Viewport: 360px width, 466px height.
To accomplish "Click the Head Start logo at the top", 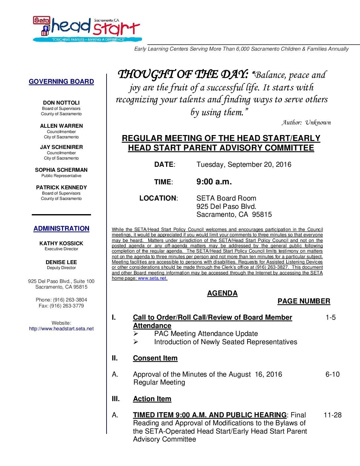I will (86, 29).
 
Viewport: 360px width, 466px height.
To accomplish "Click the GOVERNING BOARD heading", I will (61, 81).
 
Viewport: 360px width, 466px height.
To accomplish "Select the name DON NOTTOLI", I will (61, 103).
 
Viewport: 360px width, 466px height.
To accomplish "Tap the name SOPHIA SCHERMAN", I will (61, 170).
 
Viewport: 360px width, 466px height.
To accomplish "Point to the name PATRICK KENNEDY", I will (61, 187).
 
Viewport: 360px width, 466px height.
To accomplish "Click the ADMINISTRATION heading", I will (61, 228).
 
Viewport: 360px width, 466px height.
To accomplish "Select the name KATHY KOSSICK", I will (61, 243).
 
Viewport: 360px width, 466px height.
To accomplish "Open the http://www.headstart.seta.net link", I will (61, 329).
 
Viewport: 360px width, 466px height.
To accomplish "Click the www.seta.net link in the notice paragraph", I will (152, 278).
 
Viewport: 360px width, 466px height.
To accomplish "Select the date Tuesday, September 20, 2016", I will (244, 164).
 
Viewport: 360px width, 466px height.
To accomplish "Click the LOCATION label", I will (158, 198).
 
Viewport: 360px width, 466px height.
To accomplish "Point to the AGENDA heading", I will (222, 293).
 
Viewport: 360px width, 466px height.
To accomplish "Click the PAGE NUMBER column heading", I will (303, 301).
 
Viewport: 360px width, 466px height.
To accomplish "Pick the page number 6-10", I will (332, 374).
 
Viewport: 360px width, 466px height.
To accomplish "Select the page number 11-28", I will (332, 415).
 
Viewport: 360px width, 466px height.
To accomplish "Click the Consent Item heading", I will (155, 358).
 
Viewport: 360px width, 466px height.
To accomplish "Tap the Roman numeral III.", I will (115, 399).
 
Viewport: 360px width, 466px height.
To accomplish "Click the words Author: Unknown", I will (306, 122).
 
